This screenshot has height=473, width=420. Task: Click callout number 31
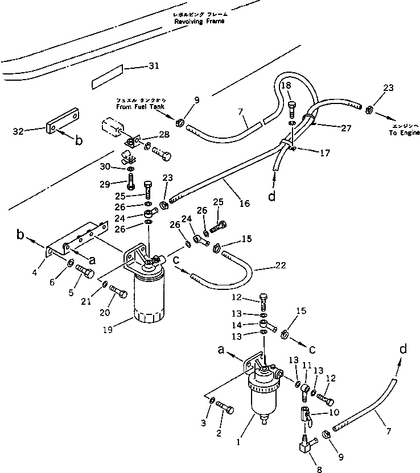[153, 67]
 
